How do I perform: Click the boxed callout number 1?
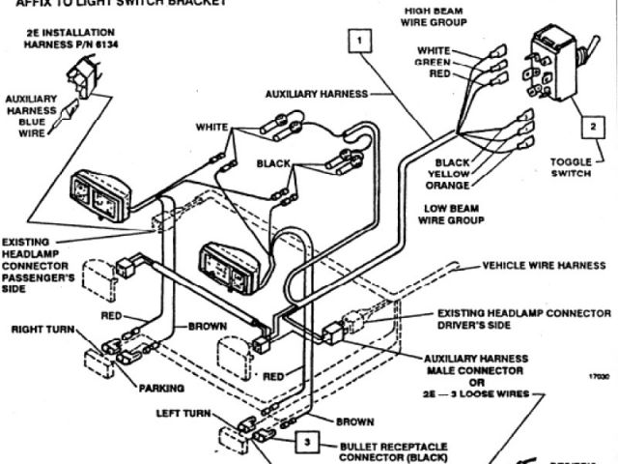[x=358, y=41]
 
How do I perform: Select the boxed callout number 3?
[x=306, y=442]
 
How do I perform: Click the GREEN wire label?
[x=433, y=63]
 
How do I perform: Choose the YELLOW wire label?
[x=448, y=174]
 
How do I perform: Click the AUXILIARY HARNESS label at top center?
[x=318, y=94]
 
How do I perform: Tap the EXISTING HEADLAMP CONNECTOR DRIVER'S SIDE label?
[x=523, y=320]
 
